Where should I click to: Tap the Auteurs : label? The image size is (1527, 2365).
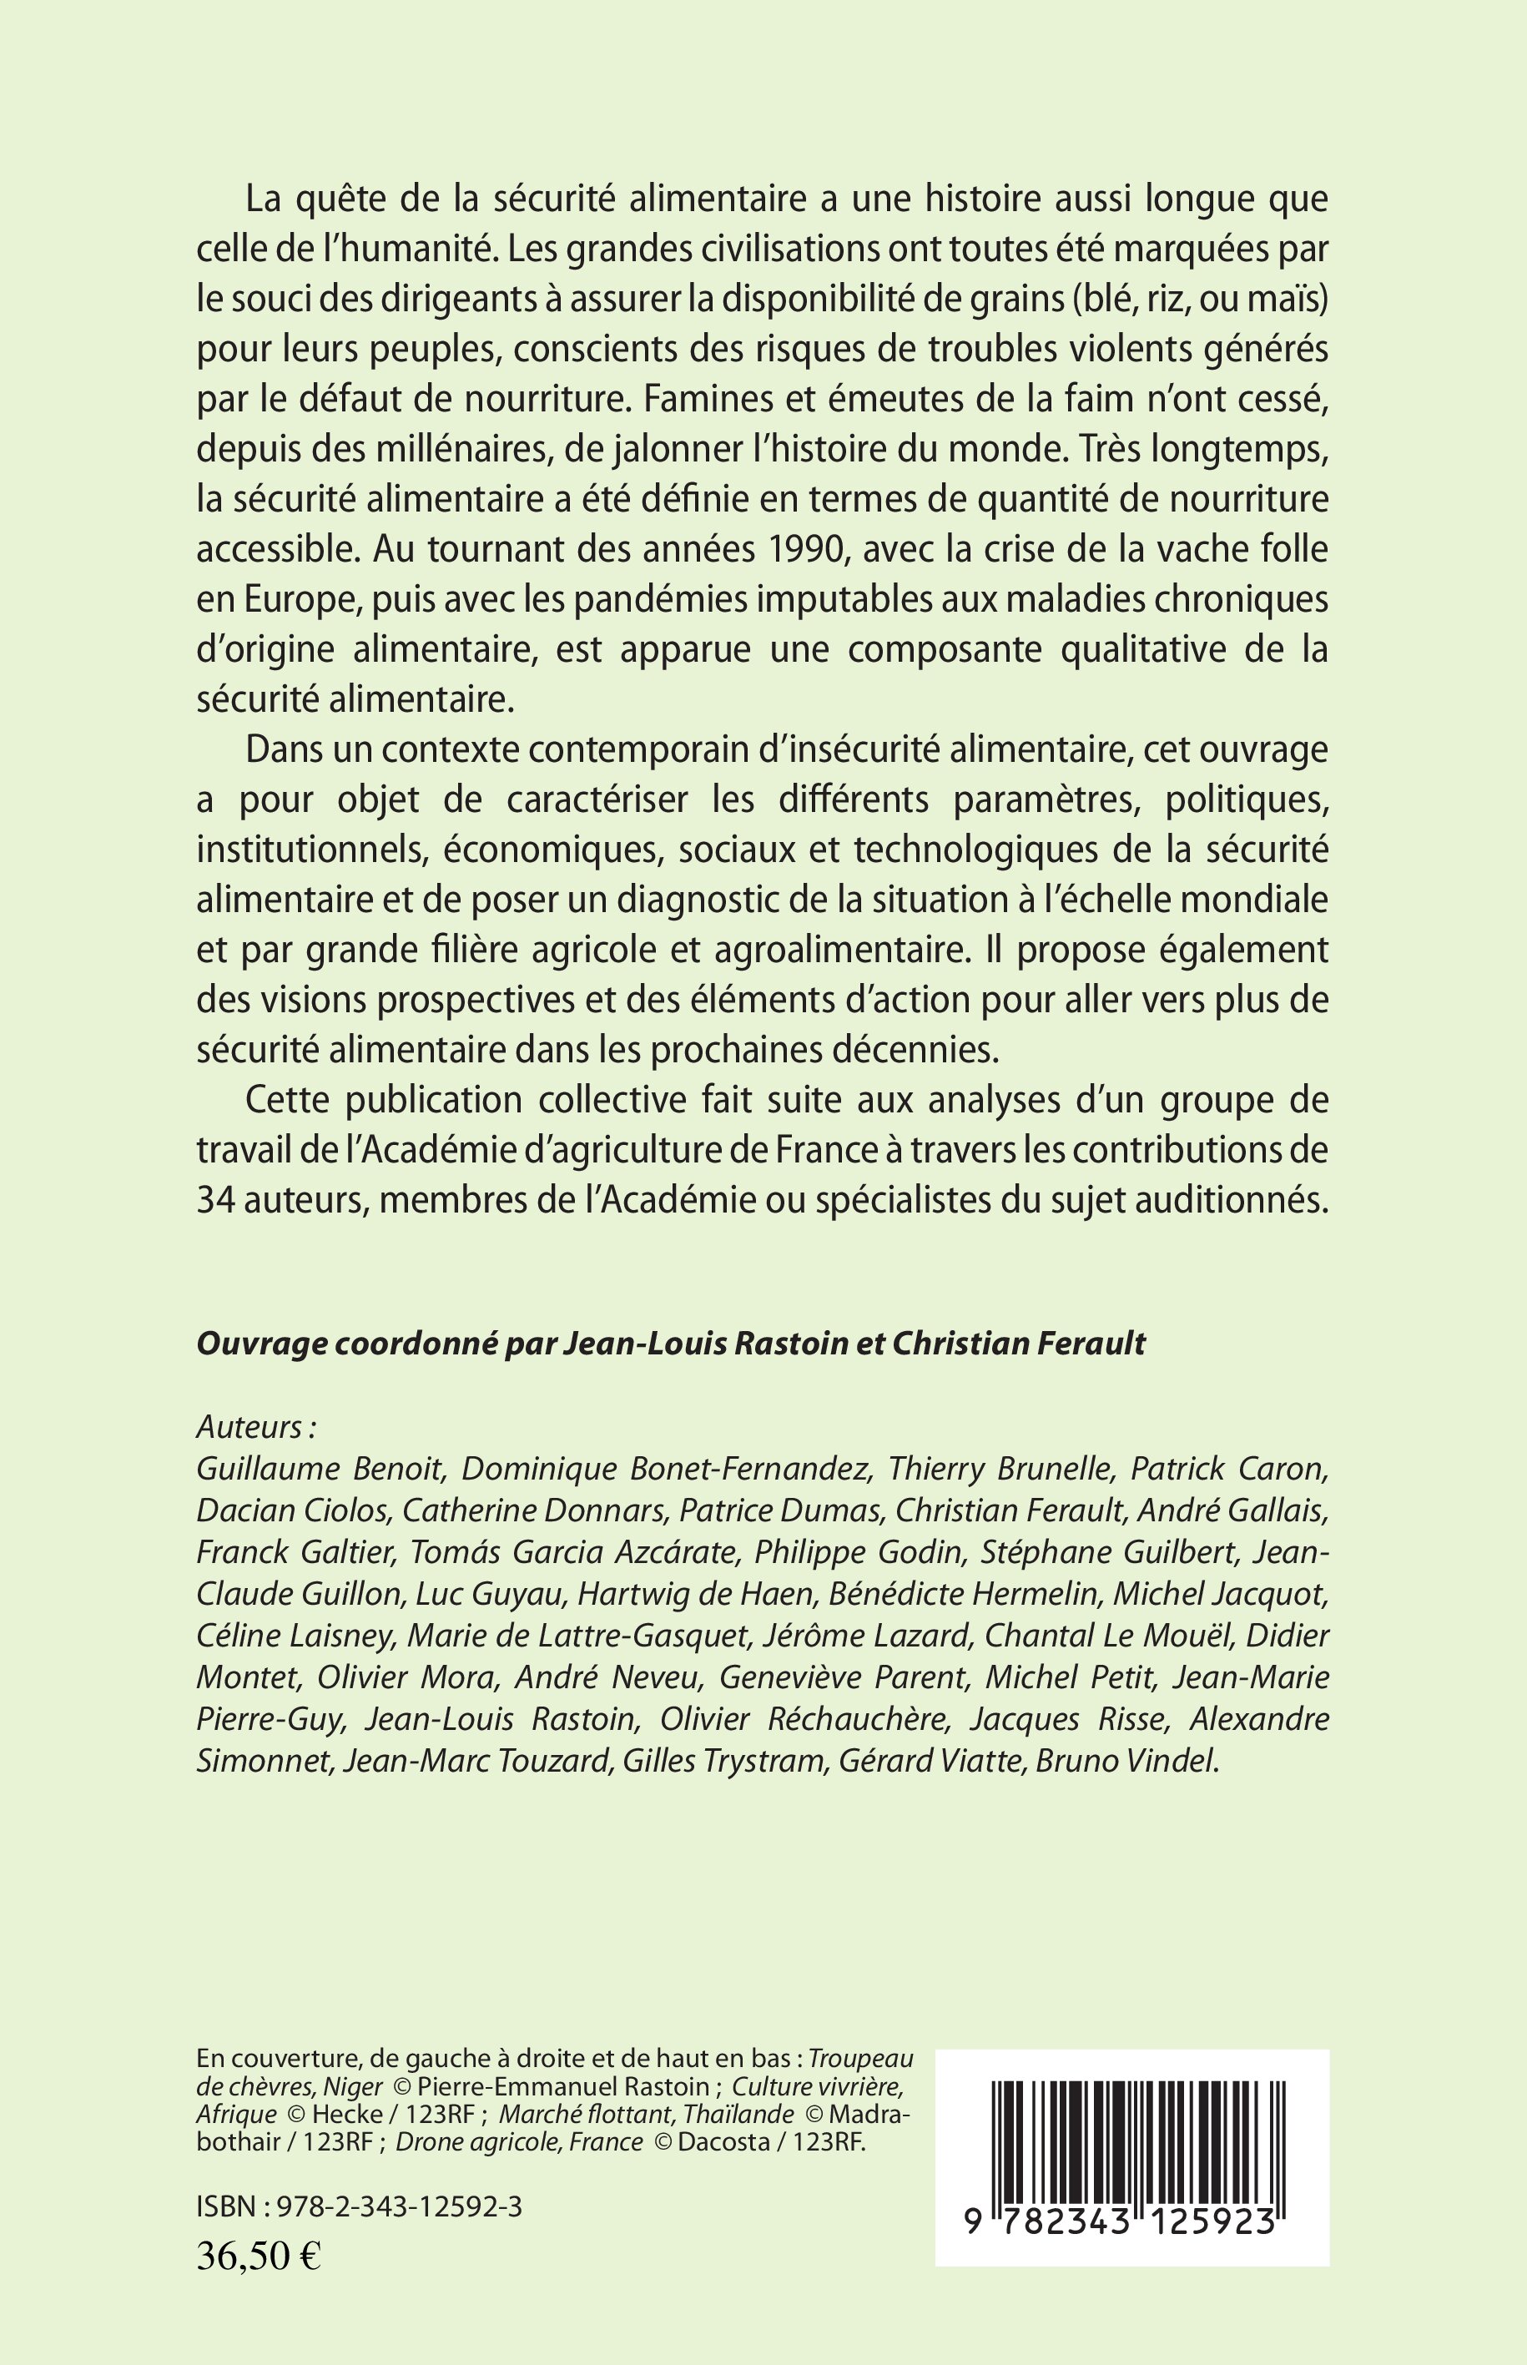[256, 1426]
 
